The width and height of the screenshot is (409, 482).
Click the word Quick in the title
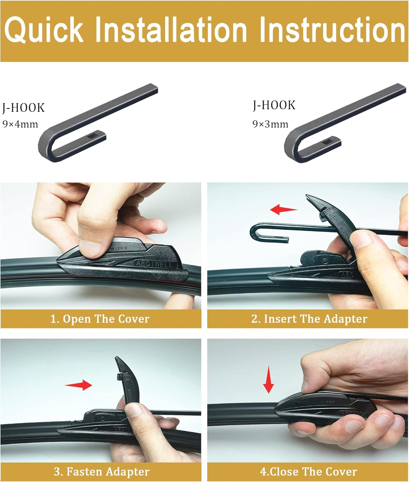(x=44, y=30)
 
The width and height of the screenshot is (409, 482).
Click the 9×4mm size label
(x=20, y=124)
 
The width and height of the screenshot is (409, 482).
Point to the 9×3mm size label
(x=271, y=124)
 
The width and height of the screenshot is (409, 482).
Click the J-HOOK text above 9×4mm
(x=23, y=108)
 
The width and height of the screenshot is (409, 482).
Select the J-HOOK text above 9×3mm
(x=274, y=105)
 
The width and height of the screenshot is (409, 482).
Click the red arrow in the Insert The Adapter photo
(x=284, y=209)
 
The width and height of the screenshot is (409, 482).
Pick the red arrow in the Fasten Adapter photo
(x=78, y=385)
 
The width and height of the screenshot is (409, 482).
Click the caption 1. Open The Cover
(x=100, y=319)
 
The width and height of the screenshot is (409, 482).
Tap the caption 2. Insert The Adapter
(x=309, y=319)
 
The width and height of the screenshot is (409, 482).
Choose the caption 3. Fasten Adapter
(x=102, y=471)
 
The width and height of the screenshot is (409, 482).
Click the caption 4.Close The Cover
(x=308, y=471)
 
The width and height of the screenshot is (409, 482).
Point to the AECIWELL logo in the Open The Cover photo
(x=154, y=263)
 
